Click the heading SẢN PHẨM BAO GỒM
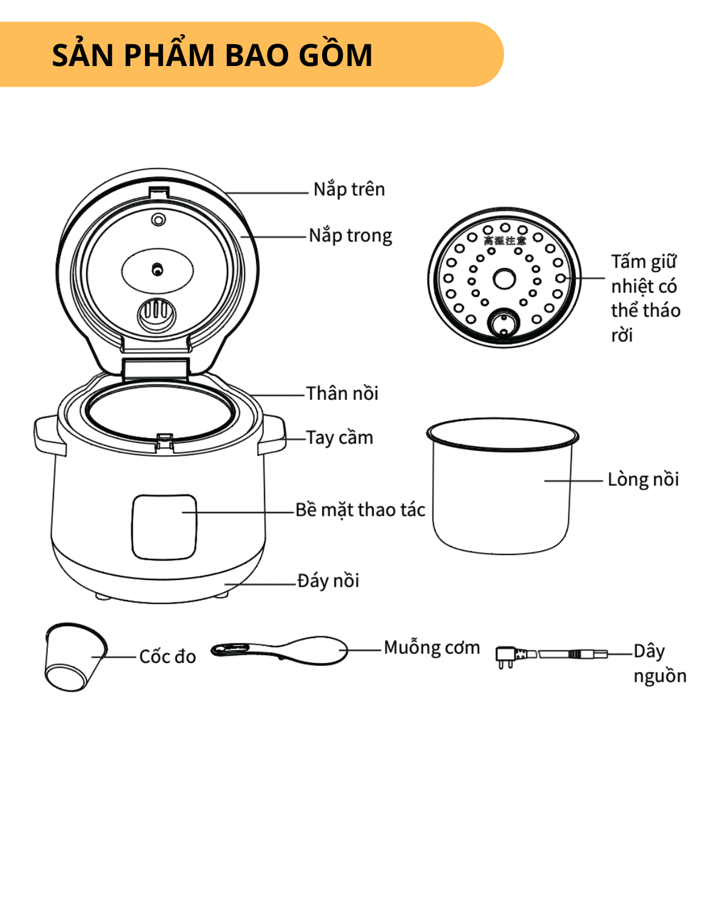pyautogui.click(x=212, y=55)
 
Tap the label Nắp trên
pyautogui.click(x=349, y=190)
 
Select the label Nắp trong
pyautogui.click(x=350, y=236)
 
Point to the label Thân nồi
pyautogui.click(x=342, y=394)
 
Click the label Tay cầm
pyautogui.click(x=339, y=438)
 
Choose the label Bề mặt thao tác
pyautogui.click(x=360, y=510)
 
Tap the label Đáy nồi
pyautogui.click(x=328, y=581)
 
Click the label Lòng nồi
pyautogui.click(x=643, y=479)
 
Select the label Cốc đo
pyautogui.click(x=167, y=657)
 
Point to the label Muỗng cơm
pyautogui.click(x=431, y=648)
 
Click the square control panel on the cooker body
pyautogui.click(x=164, y=527)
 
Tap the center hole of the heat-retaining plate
pyautogui.click(x=504, y=279)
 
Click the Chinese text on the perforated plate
pyautogui.click(x=504, y=241)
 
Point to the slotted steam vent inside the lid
pyautogui.click(x=157, y=313)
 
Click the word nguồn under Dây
pyautogui.click(x=659, y=676)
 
